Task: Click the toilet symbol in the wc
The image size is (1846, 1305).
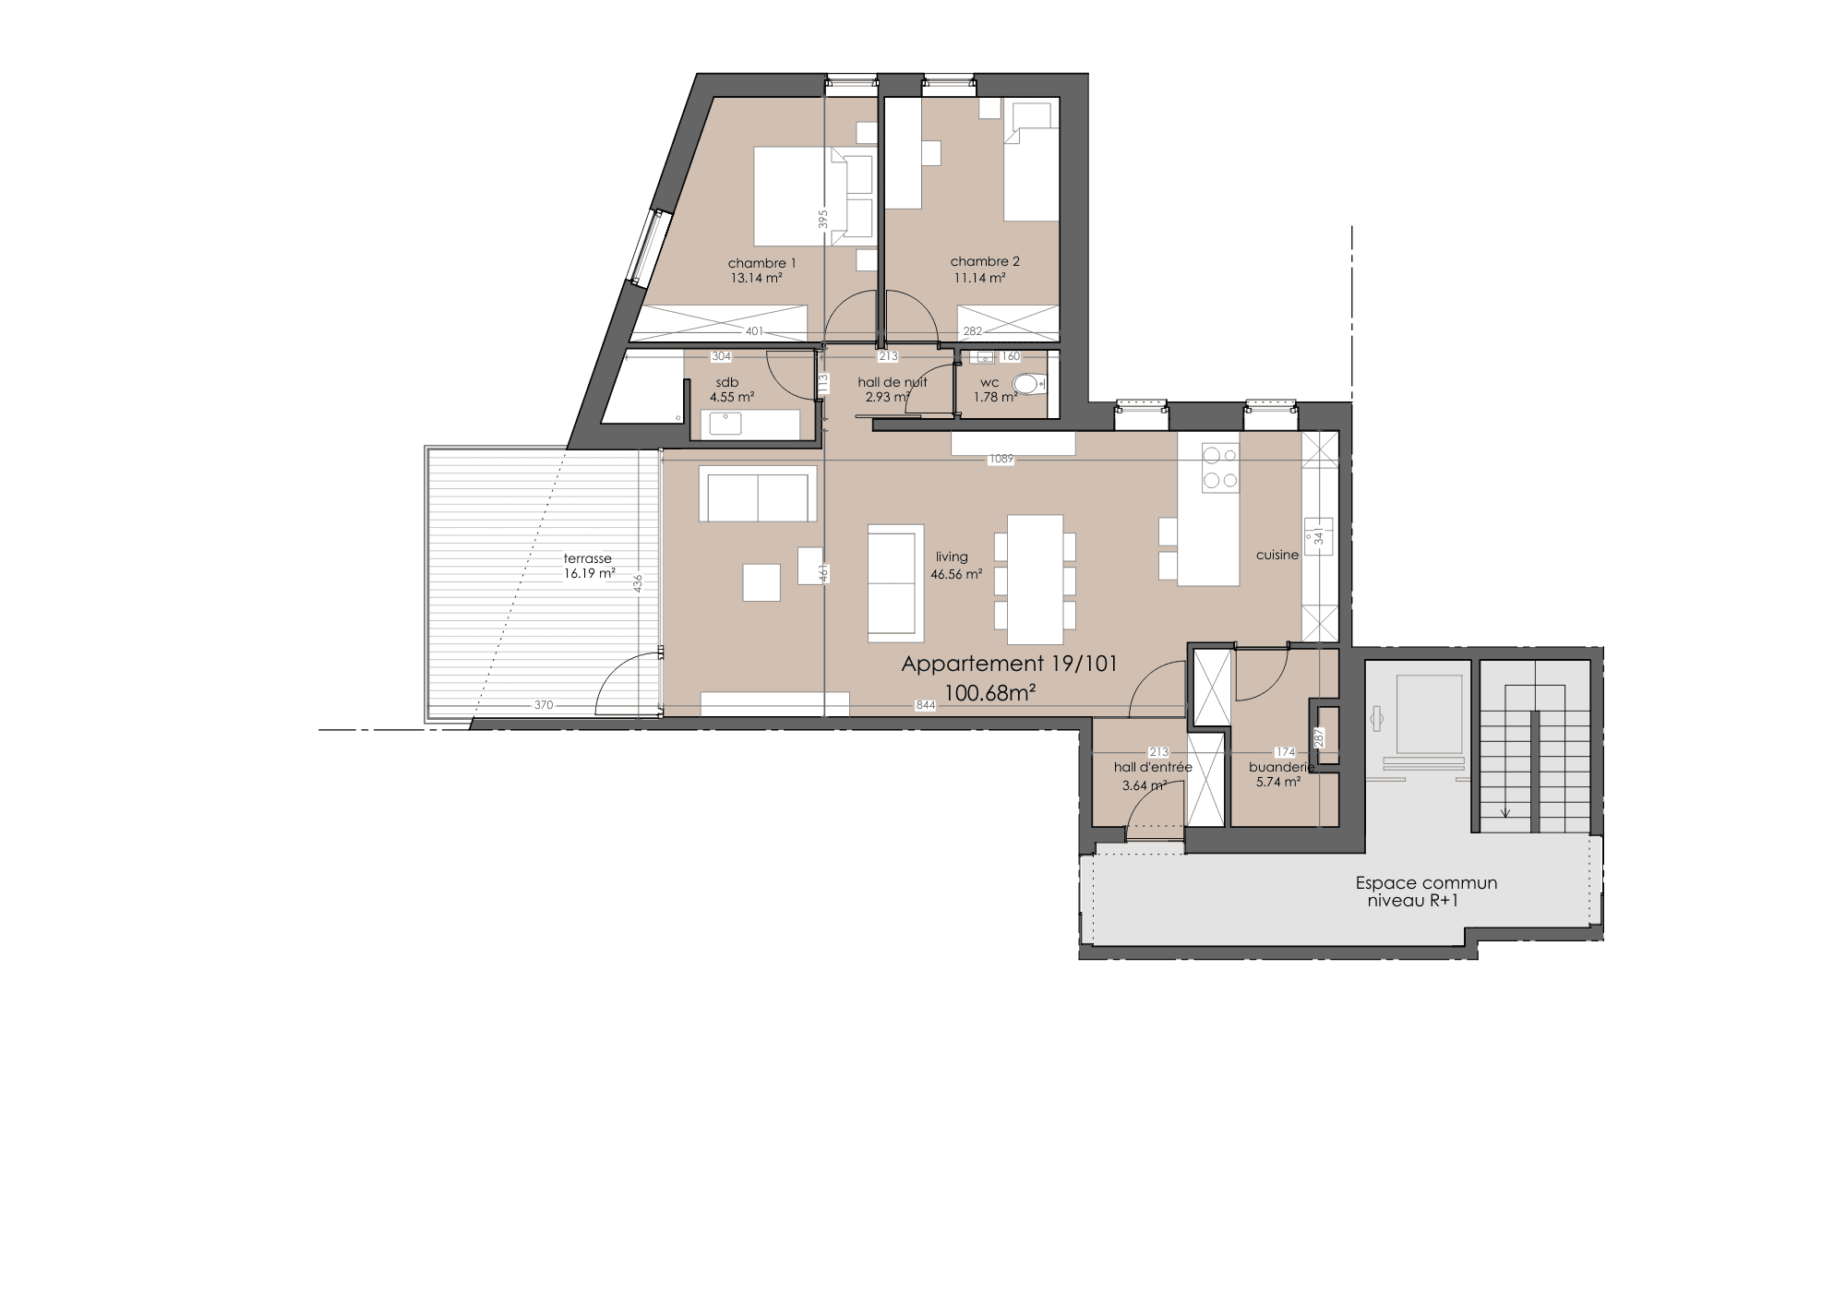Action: tap(1030, 383)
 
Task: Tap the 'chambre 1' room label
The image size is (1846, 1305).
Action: tap(761, 263)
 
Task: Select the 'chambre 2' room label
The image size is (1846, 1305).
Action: tap(985, 261)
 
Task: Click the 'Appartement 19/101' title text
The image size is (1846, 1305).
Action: tap(1009, 664)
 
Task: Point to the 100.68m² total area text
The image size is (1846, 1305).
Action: tap(989, 693)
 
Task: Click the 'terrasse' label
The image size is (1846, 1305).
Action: tap(588, 558)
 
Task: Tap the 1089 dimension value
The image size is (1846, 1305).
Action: tap(1001, 459)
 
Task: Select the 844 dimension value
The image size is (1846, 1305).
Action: tap(926, 706)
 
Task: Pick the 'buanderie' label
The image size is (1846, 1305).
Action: tap(1281, 767)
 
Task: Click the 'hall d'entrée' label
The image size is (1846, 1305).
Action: tap(1153, 767)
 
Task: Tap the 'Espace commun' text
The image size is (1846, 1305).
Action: tap(1426, 883)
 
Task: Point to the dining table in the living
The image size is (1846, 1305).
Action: tap(1035, 579)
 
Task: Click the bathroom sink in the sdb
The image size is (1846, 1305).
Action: tap(724, 424)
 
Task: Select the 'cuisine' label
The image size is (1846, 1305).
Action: tap(1277, 555)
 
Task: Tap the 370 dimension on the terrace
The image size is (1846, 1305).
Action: tap(544, 706)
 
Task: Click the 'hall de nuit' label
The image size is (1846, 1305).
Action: tap(893, 382)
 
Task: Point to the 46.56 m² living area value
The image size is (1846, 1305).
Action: tap(956, 573)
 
